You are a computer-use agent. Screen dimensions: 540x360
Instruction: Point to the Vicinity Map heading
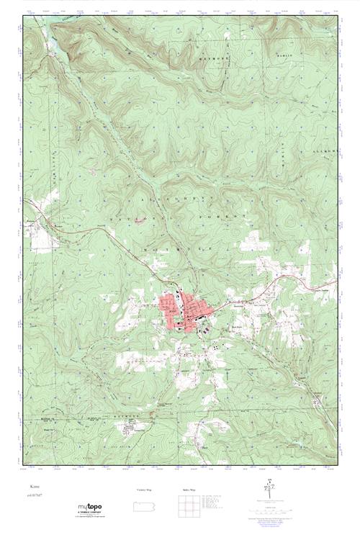tap(145, 489)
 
